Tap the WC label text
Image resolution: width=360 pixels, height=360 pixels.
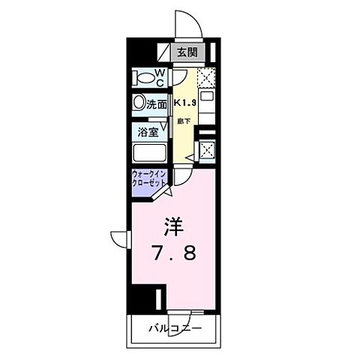point(160,76)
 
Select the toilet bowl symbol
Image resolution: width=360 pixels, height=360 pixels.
point(142,77)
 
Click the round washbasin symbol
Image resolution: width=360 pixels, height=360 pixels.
point(139,103)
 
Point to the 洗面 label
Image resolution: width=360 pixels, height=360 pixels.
point(157,104)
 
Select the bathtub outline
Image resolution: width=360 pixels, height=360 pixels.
point(152,154)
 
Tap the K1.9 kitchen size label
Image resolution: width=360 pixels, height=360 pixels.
point(185,103)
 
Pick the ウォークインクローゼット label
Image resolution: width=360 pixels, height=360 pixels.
point(149,182)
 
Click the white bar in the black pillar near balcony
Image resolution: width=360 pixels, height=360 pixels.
point(160,298)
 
